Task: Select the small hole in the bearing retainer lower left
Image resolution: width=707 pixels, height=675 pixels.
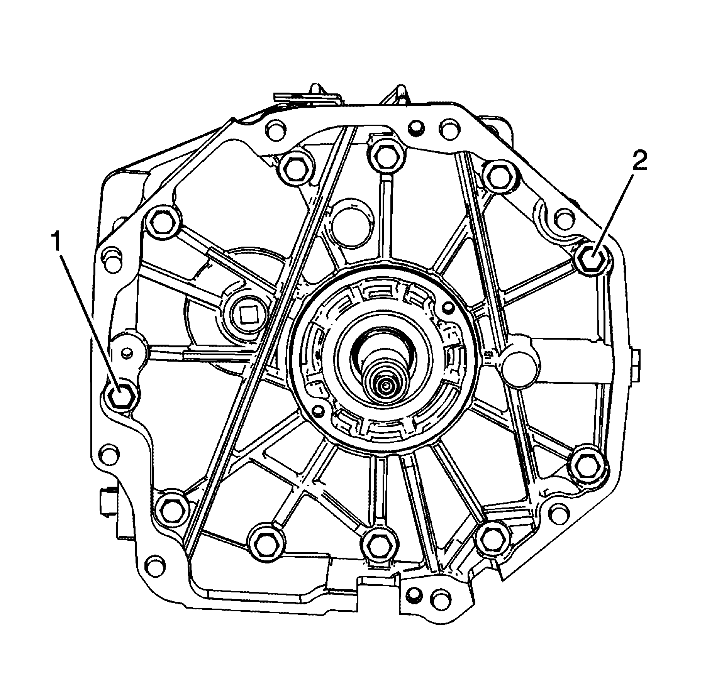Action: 319,410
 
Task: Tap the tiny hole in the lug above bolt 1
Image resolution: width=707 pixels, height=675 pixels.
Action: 125,352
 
